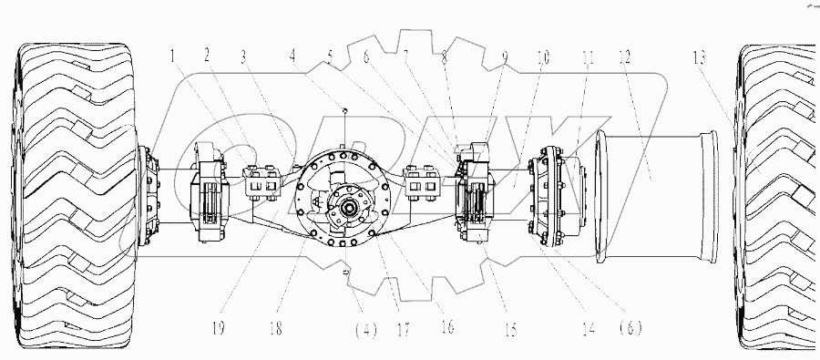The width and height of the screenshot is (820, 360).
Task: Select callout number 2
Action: pyautogui.click(x=209, y=57)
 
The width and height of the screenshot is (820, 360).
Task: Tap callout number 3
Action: pyautogui.click(x=243, y=57)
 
